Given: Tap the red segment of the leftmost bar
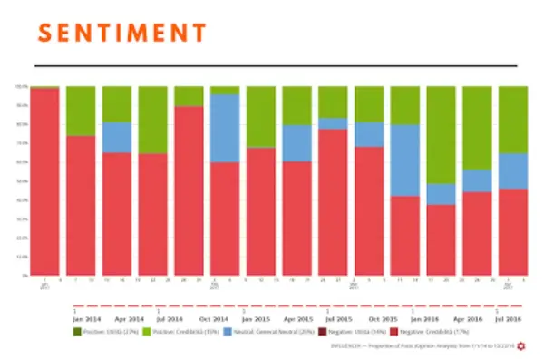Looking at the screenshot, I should (44, 181).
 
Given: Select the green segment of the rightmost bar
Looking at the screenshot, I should (513, 119).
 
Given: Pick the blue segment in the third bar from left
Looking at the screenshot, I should (116, 137).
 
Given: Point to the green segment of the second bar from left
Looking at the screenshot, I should (81, 111).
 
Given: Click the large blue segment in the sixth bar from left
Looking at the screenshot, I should (225, 128).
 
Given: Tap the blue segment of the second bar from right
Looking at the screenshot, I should (477, 180).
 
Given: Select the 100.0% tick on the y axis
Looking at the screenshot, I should (22, 87).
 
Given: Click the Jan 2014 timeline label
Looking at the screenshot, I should (86, 320).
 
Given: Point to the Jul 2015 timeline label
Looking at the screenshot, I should (339, 320).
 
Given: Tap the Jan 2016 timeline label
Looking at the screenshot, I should (424, 320).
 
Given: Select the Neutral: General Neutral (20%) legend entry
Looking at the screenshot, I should (259, 334).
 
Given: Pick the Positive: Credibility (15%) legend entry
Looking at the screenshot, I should (180, 334).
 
